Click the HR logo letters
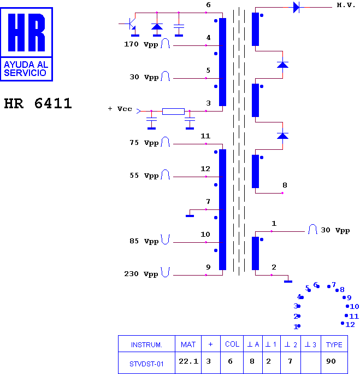[x=26, y=32]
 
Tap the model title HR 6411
[x=38, y=103]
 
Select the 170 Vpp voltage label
[x=141, y=44]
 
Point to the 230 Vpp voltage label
[x=141, y=274]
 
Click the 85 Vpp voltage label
[x=144, y=241]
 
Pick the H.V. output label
[x=346, y=5]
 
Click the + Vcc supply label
[x=120, y=109]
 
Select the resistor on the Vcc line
[x=173, y=112]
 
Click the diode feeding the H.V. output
[x=296, y=8]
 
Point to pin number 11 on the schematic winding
[x=205, y=136]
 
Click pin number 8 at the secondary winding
[x=285, y=185]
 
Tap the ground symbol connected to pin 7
[x=190, y=216]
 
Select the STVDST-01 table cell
[x=146, y=364]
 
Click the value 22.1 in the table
[x=188, y=361]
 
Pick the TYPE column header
[x=334, y=344]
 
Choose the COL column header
[x=232, y=344]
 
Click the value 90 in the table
[x=331, y=361]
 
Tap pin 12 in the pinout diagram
[x=348, y=324]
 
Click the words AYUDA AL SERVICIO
[x=26, y=69]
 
